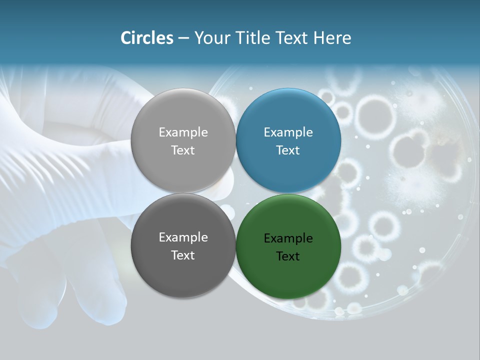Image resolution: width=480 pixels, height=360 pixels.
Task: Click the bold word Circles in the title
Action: (x=147, y=38)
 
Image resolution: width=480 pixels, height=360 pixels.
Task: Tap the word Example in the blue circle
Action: (x=288, y=132)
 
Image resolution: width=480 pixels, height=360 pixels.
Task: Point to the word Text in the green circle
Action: (x=288, y=256)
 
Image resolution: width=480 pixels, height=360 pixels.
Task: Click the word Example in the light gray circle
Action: (x=183, y=132)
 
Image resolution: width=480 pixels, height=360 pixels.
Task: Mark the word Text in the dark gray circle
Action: (x=183, y=255)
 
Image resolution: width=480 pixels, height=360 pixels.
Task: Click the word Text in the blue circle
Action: (x=288, y=150)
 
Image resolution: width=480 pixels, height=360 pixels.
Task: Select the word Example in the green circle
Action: (x=288, y=238)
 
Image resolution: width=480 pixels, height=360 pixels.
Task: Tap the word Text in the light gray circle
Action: (x=183, y=150)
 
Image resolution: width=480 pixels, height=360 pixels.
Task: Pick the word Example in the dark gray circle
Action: (x=183, y=237)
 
